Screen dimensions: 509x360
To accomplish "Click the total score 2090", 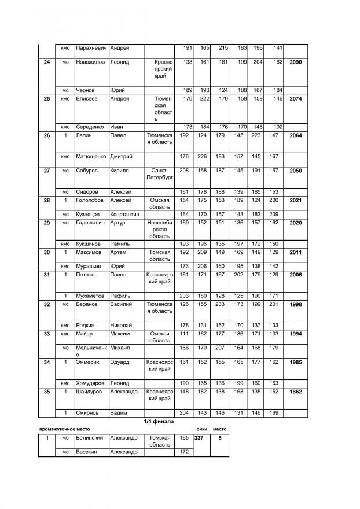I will coord(295,62).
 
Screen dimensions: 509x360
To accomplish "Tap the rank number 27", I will coord(47,171).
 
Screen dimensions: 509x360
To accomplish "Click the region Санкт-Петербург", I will coord(160,175).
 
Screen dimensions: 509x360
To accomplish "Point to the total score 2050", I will coord(295,171).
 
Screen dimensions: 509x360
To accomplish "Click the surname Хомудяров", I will coord(92,383).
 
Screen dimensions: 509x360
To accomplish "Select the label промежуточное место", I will coord(62,430).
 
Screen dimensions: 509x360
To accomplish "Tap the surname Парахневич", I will coord(91,47).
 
